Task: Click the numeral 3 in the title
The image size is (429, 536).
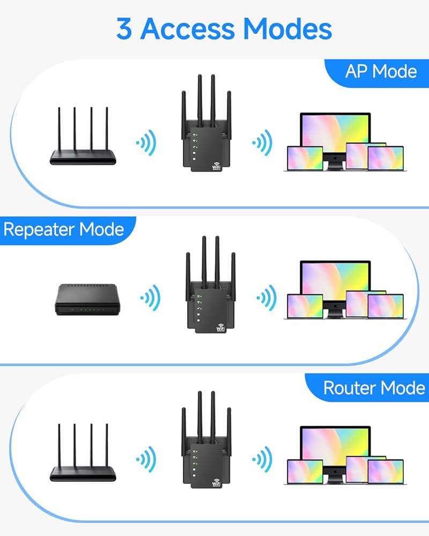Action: [x=124, y=29]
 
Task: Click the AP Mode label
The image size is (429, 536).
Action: [x=381, y=71]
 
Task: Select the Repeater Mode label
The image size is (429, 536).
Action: [x=64, y=229]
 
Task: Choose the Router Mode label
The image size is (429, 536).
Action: [x=374, y=388]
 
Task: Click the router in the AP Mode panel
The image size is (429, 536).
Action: [x=83, y=136]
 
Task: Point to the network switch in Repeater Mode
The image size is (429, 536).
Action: [x=87, y=300]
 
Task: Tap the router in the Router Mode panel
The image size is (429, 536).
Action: [x=83, y=452]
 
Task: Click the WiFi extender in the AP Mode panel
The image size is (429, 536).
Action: [x=206, y=123]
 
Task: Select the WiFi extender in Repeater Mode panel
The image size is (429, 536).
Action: [x=211, y=285]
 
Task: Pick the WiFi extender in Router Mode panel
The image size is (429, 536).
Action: [x=206, y=440]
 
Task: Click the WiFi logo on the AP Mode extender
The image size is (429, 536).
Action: [x=217, y=166]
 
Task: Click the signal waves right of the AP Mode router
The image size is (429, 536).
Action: [x=146, y=143]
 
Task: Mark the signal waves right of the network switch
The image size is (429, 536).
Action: [x=151, y=297]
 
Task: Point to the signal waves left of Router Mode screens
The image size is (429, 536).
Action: [x=263, y=459]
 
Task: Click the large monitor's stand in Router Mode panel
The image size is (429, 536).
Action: [x=335, y=477]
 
